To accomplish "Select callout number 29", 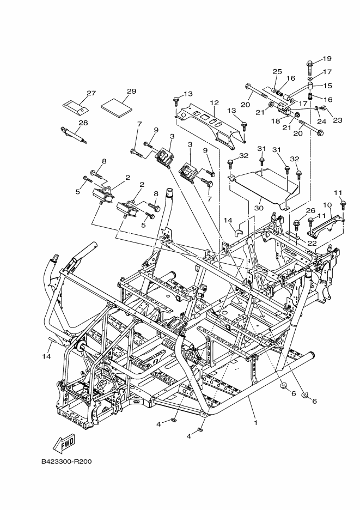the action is coord(131,92).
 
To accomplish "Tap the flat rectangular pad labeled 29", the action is coord(117,107).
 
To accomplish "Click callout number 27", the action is coord(91,93).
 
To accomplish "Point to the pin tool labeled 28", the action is coord(74,135).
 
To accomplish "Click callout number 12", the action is coord(214,103).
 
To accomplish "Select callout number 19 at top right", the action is coord(327,58).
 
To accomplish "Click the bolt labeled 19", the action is coord(309,68).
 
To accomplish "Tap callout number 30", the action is coord(259,208).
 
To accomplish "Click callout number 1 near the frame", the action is coord(255,423).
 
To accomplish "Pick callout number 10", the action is coord(327,205).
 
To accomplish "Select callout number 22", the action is coord(312,244).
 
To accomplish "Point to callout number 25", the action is coord(277,71).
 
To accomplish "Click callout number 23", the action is coord(338,120).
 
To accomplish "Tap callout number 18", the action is coord(276,122).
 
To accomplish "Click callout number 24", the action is coord(322,122).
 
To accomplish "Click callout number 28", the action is coord(83,123).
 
